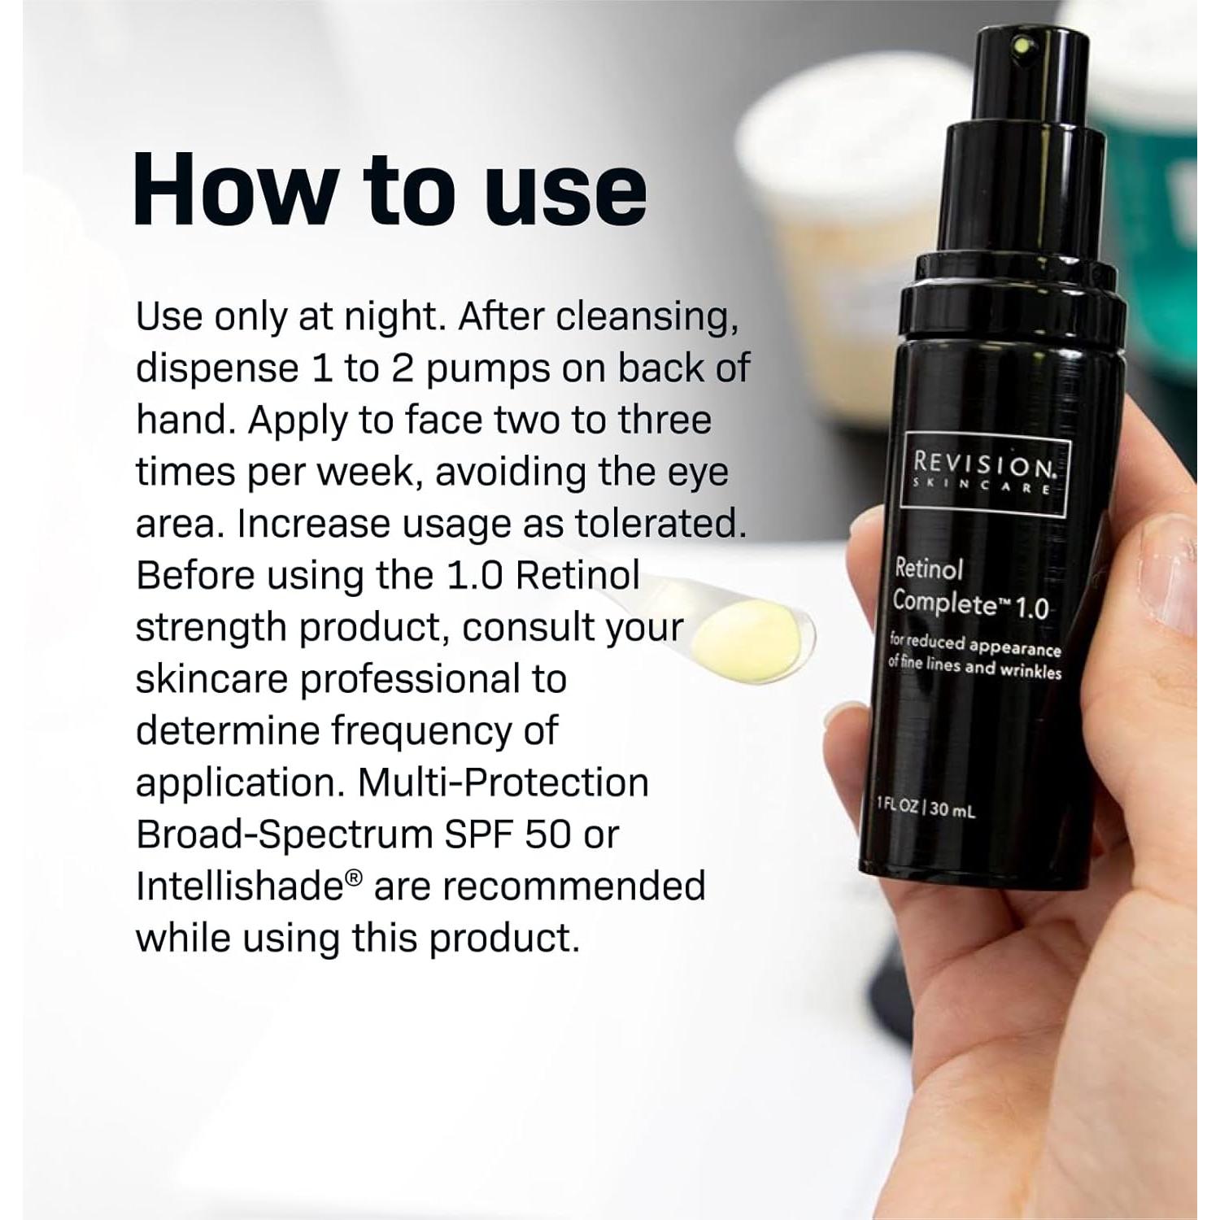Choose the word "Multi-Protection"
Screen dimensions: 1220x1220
(x=503, y=782)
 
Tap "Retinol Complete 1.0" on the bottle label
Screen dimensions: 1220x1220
(x=968, y=588)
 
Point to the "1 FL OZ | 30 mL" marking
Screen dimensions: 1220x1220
(x=926, y=807)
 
